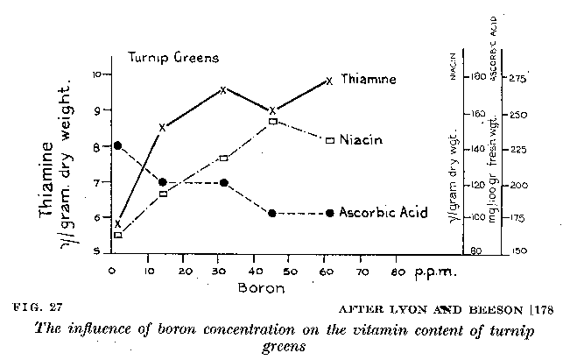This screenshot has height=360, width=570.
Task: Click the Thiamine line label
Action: tap(368, 80)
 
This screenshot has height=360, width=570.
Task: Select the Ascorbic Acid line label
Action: tap(383, 213)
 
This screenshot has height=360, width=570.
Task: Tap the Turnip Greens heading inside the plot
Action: tap(173, 58)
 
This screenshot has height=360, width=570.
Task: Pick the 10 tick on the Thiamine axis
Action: tap(98, 74)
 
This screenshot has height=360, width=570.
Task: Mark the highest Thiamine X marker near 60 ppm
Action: tap(329, 81)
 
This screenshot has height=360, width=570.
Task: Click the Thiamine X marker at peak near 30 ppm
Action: tap(224, 89)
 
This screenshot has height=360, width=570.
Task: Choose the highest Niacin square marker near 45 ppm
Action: tap(273, 121)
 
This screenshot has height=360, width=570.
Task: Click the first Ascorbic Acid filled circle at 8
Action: tap(118, 145)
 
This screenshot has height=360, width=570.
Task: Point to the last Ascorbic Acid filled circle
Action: tap(329, 213)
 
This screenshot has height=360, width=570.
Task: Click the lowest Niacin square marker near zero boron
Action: tap(118, 235)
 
